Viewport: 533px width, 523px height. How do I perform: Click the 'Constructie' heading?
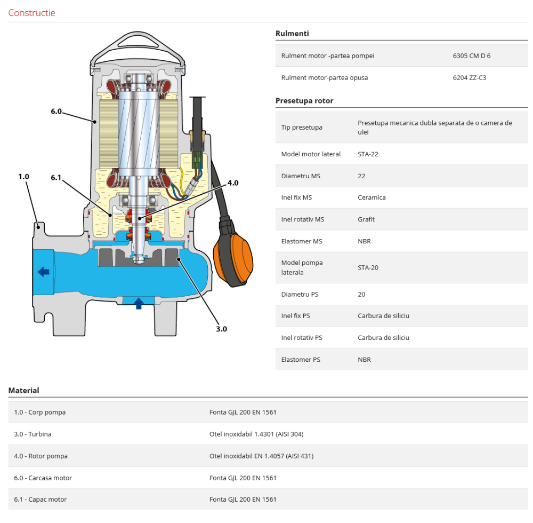pos(31,13)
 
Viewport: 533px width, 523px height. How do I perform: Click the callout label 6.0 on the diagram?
pos(56,112)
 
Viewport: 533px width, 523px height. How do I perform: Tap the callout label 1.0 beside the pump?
pos(23,176)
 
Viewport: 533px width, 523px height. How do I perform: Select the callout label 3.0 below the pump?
pos(221,329)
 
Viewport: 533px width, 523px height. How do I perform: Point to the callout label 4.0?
pos(233,183)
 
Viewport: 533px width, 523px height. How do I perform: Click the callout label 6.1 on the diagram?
pos(56,177)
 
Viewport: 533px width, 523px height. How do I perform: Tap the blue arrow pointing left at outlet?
pos(44,272)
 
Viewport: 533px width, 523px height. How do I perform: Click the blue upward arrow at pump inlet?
pos(139,304)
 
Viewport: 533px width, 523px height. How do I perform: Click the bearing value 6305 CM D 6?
pos(471,56)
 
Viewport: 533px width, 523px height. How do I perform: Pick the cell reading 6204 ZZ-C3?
pos(469,77)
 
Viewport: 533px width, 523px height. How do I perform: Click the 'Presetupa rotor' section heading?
pos(304,100)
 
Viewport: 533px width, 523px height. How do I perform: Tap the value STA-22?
pos(368,154)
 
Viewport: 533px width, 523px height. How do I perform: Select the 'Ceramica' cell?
pos(372,197)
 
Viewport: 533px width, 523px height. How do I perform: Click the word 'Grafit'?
pos(366,219)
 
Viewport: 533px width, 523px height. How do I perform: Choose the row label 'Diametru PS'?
pos(300,294)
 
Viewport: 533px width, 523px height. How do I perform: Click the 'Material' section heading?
pos(23,390)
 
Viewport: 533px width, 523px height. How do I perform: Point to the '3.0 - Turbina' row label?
pos(33,434)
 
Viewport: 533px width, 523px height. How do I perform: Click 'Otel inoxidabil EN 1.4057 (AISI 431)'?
pos(261,456)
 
